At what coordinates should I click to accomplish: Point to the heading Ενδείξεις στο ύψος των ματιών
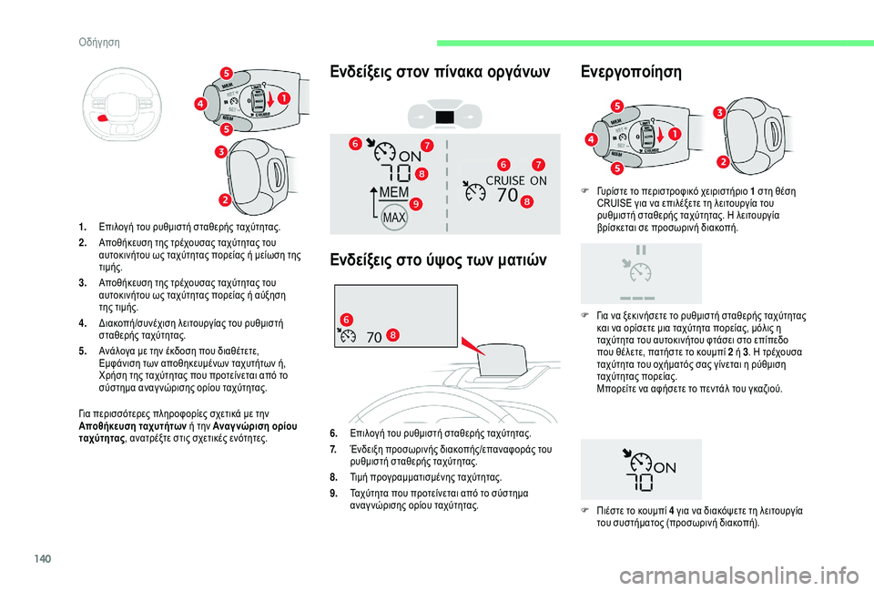coord(440,262)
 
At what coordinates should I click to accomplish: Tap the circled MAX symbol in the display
coord(392,219)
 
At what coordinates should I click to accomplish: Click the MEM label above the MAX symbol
coord(393,194)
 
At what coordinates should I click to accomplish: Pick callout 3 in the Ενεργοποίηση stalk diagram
coord(718,112)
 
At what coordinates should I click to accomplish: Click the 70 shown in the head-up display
coord(374,336)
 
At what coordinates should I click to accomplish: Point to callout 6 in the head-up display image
coord(346,317)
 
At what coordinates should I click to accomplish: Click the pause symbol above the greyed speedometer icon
coord(642,249)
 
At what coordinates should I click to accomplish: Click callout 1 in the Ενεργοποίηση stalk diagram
coord(675,134)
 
